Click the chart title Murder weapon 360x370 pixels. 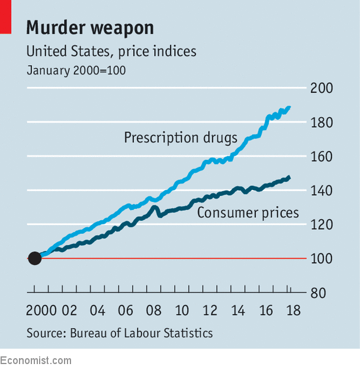[x=89, y=28]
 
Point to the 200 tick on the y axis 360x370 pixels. [x=322, y=88]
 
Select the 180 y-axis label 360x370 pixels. [x=322, y=123]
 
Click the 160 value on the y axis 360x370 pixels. [x=322, y=157]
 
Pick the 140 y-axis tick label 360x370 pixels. [x=322, y=191]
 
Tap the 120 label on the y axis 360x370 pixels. [x=322, y=225]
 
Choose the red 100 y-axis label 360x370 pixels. [x=322, y=259]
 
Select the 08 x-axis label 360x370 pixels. [x=153, y=311]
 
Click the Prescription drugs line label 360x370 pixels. [x=181, y=138]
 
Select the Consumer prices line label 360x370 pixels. [x=247, y=213]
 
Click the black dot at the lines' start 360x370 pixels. [x=34, y=258]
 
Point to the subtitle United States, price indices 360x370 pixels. [x=111, y=52]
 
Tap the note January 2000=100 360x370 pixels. [x=76, y=70]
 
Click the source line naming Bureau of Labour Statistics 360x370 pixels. [x=120, y=333]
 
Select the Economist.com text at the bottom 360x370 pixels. [x=36, y=361]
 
